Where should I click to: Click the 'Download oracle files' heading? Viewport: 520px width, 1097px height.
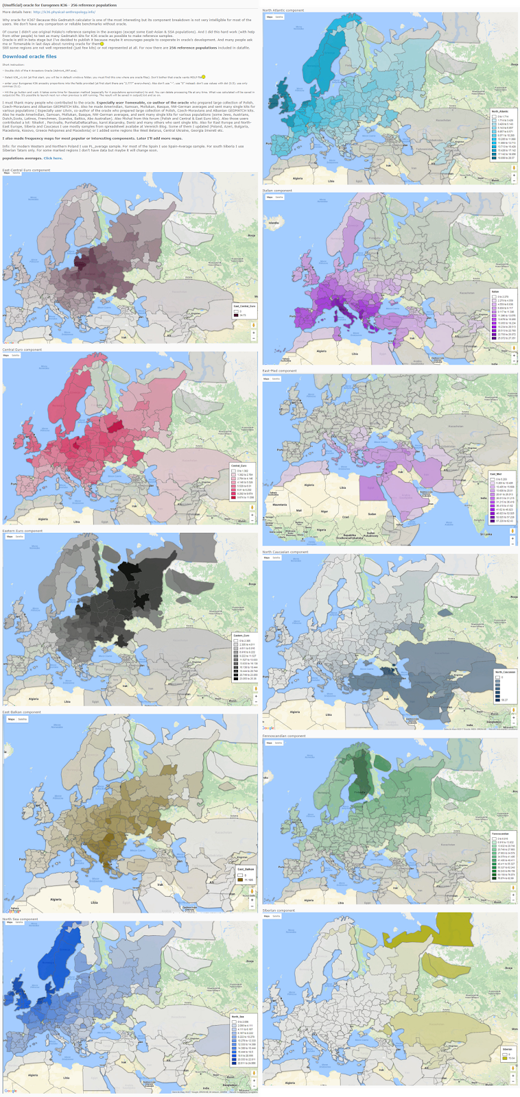(x=29, y=56)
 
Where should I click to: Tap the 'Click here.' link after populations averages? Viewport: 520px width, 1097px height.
(x=53, y=158)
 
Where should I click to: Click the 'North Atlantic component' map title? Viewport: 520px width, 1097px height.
(x=283, y=10)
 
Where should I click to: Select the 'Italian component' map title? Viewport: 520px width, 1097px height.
(x=277, y=191)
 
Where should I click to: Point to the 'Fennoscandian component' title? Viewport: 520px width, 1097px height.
(x=284, y=736)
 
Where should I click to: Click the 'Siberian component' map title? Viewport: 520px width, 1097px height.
(x=279, y=911)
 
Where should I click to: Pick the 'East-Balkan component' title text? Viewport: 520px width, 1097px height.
(x=21, y=712)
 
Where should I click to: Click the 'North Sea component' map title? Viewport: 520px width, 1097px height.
(x=20, y=919)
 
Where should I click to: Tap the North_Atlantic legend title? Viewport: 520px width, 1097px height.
(x=500, y=111)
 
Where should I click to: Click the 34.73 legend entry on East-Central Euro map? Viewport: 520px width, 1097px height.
(x=242, y=315)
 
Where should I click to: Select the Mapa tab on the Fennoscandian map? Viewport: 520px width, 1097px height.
(x=269, y=743)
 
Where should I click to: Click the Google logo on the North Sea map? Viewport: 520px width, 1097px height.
(x=10, y=1091)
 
